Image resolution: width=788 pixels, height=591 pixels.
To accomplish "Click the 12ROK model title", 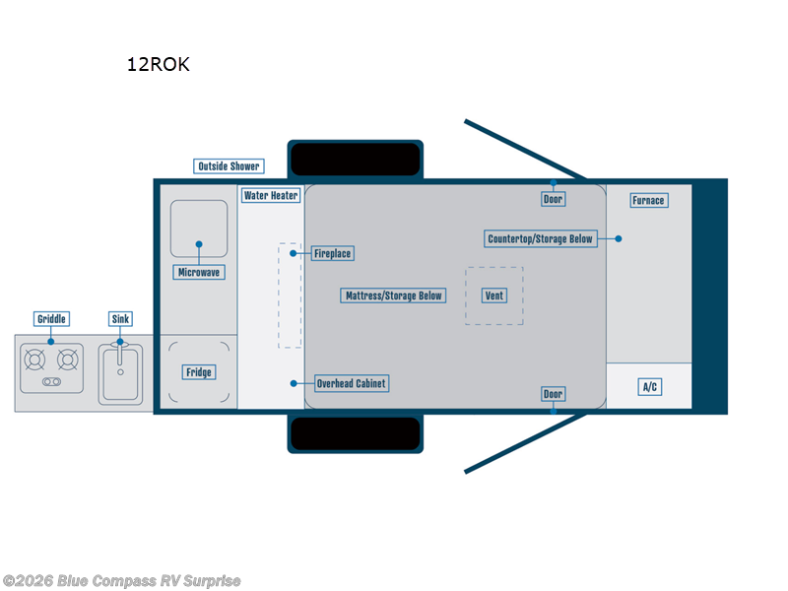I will point(158,66).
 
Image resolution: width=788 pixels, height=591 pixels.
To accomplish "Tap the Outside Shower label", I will point(229,166).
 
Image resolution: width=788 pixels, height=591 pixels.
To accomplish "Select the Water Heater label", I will point(271,195).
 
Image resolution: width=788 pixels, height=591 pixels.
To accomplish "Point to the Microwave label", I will point(198,272).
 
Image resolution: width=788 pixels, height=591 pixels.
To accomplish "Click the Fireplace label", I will point(332,253).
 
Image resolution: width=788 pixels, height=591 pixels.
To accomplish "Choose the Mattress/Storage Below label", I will point(394,295).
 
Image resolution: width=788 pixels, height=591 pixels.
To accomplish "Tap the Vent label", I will point(494,295).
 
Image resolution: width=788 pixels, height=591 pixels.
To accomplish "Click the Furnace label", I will point(648,201).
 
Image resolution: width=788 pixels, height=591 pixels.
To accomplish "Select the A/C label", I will point(649,387).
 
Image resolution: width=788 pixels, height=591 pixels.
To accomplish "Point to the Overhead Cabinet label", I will point(351,383).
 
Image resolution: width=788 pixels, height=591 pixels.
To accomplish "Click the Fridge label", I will point(198,372).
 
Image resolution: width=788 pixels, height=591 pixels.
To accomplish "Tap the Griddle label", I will point(51,319).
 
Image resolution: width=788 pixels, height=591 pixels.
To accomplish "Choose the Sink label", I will point(120,319).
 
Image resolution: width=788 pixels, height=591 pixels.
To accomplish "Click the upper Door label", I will point(554,199).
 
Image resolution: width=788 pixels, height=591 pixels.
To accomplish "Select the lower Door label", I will point(554,395).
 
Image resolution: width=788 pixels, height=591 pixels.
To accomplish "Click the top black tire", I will point(356,159).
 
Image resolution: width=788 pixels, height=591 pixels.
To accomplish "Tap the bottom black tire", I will point(356,433).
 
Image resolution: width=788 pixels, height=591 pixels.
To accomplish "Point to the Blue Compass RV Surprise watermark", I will point(122,581).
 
